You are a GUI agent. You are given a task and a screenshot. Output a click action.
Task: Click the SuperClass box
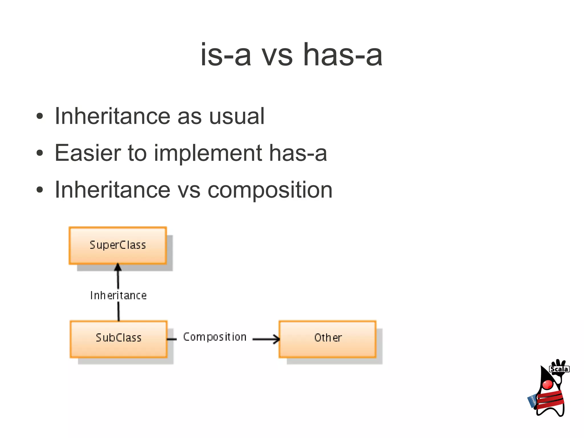coord(117,245)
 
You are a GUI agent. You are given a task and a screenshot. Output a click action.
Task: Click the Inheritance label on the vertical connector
coord(118,296)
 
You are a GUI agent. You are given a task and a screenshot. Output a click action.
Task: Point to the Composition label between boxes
coord(215,337)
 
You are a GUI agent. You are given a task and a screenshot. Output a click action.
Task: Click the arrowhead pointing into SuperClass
coord(118,267)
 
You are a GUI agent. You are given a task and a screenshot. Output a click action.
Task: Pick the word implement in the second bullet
coord(208,154)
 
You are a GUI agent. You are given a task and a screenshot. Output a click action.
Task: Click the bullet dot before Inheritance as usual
coord(40,116)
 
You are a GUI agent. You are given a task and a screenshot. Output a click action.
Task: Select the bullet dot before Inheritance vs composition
coord(40,190)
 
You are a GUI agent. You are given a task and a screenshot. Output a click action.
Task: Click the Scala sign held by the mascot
coord(559,369)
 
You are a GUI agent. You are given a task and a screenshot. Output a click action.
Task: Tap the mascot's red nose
coord(547,384)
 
